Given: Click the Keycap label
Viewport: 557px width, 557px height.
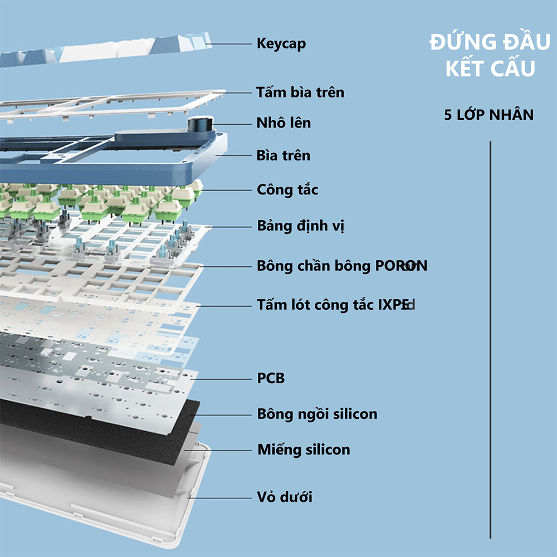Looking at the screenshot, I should pyautogui.click(x=281, y=43).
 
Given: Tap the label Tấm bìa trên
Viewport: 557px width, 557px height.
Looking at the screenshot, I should pyautogui.click(x=300, y=92).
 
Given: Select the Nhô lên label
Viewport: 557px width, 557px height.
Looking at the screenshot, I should pyautogui.click(x=284, y=123).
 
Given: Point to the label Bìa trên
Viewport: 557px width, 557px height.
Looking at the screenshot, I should pyautogui.click(x=283, y=155).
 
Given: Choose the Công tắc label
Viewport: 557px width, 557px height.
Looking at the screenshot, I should pyautogui.click(x=287, y=190).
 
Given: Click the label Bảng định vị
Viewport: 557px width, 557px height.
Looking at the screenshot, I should pyautogui.click(x=300, y=227).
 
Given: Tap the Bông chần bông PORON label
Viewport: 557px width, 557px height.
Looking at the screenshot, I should pyautogui.click(x=341, y=266).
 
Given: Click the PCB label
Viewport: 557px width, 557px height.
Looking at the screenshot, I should pyautogui.click(x=271, y=379).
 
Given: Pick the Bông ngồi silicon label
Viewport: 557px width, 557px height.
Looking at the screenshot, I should pyautogui.click(x=317, y=414).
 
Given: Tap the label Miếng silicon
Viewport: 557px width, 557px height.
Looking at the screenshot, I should pyautogui.click(x=304, y=449).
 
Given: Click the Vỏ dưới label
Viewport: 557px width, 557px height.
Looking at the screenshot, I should pyautogui.click(x=285, y=496).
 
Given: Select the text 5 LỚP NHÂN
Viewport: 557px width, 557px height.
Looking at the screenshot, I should pyautogui.click(x=489, y=115).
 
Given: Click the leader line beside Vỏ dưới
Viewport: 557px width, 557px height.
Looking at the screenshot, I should pyautogui.click(x=220, y=496).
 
